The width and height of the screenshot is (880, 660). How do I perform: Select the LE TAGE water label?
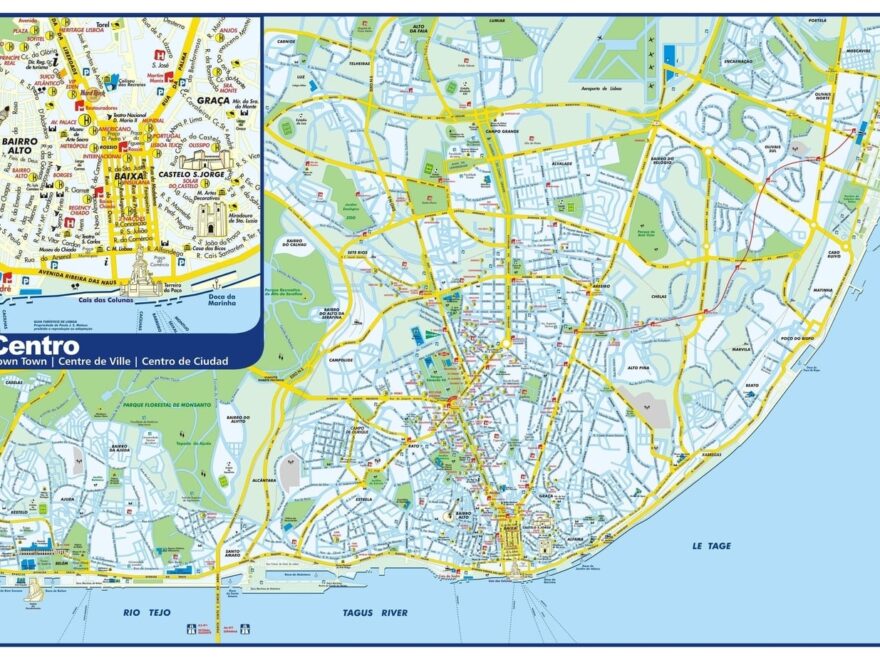[711, 546]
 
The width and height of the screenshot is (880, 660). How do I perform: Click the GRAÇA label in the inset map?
[213, 100]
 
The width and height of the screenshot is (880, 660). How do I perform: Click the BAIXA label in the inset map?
[130, 175]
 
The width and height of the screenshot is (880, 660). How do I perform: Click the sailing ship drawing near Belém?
[35, 589]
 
